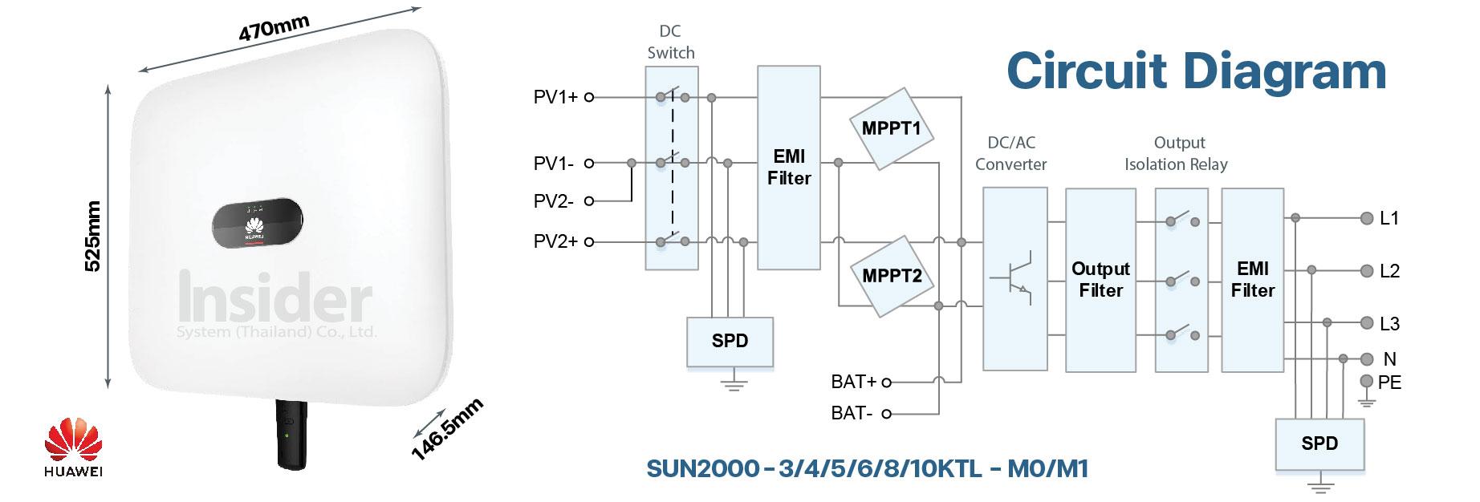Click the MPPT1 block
point(891,128)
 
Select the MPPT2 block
point(892,277)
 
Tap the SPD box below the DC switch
point(730,341)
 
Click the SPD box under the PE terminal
point(1319,443)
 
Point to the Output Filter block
point(1100,280)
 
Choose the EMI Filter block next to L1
point(1252,280)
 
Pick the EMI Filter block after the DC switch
point(789,168)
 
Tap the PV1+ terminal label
point(555,98)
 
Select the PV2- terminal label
point(554,201)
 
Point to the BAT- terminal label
point(852,414)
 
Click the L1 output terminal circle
point(1367,218)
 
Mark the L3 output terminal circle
point(1367,323)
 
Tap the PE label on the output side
point(1389,383)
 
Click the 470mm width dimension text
point(274,29)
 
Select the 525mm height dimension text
point(94,237)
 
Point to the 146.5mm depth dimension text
point(447,429)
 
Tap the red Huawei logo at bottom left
point(73,444)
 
